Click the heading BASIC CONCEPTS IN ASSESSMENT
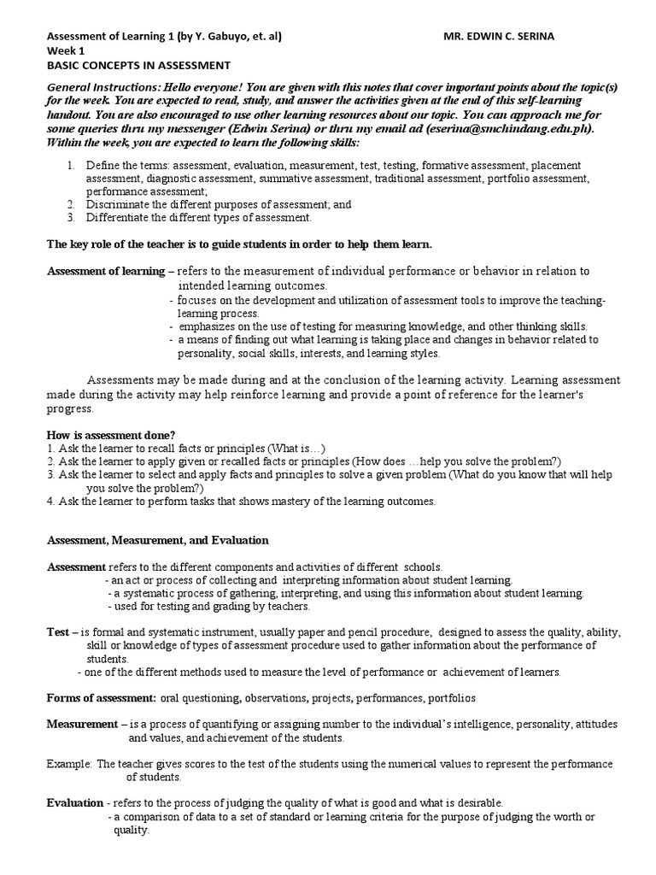click(138, 65)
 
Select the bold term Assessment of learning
click(104, 271)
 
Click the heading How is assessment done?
click(111, 435)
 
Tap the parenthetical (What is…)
click(294, 448)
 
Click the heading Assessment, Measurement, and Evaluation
click(158, 540)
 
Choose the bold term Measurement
click(82, 724)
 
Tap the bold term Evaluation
click(74, 802)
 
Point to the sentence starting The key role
click(239, 244)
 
